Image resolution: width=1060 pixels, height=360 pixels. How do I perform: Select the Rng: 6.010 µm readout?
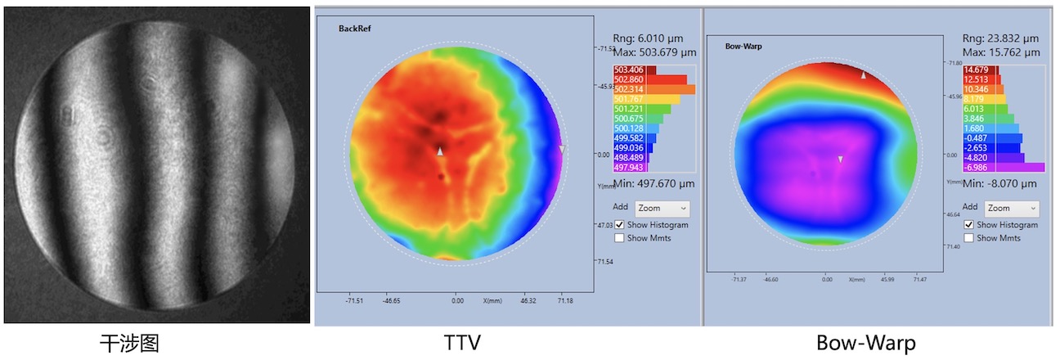(x=648, y=38)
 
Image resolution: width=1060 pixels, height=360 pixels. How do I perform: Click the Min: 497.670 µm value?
(x=654, y=184)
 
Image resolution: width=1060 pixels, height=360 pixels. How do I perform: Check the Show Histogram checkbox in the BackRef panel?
(x=620, y=224)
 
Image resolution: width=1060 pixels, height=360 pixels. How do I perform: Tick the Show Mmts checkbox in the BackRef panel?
(x=620, y=238)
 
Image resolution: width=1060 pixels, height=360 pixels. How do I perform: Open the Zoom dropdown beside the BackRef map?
(x=662, y=208)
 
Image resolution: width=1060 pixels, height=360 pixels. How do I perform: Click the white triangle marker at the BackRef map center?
(x=440, y=152)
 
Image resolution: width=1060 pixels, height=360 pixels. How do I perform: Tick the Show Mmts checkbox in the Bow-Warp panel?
(x=970, y=238)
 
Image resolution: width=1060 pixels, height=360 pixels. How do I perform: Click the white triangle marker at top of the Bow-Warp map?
(x=863, y=74)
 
